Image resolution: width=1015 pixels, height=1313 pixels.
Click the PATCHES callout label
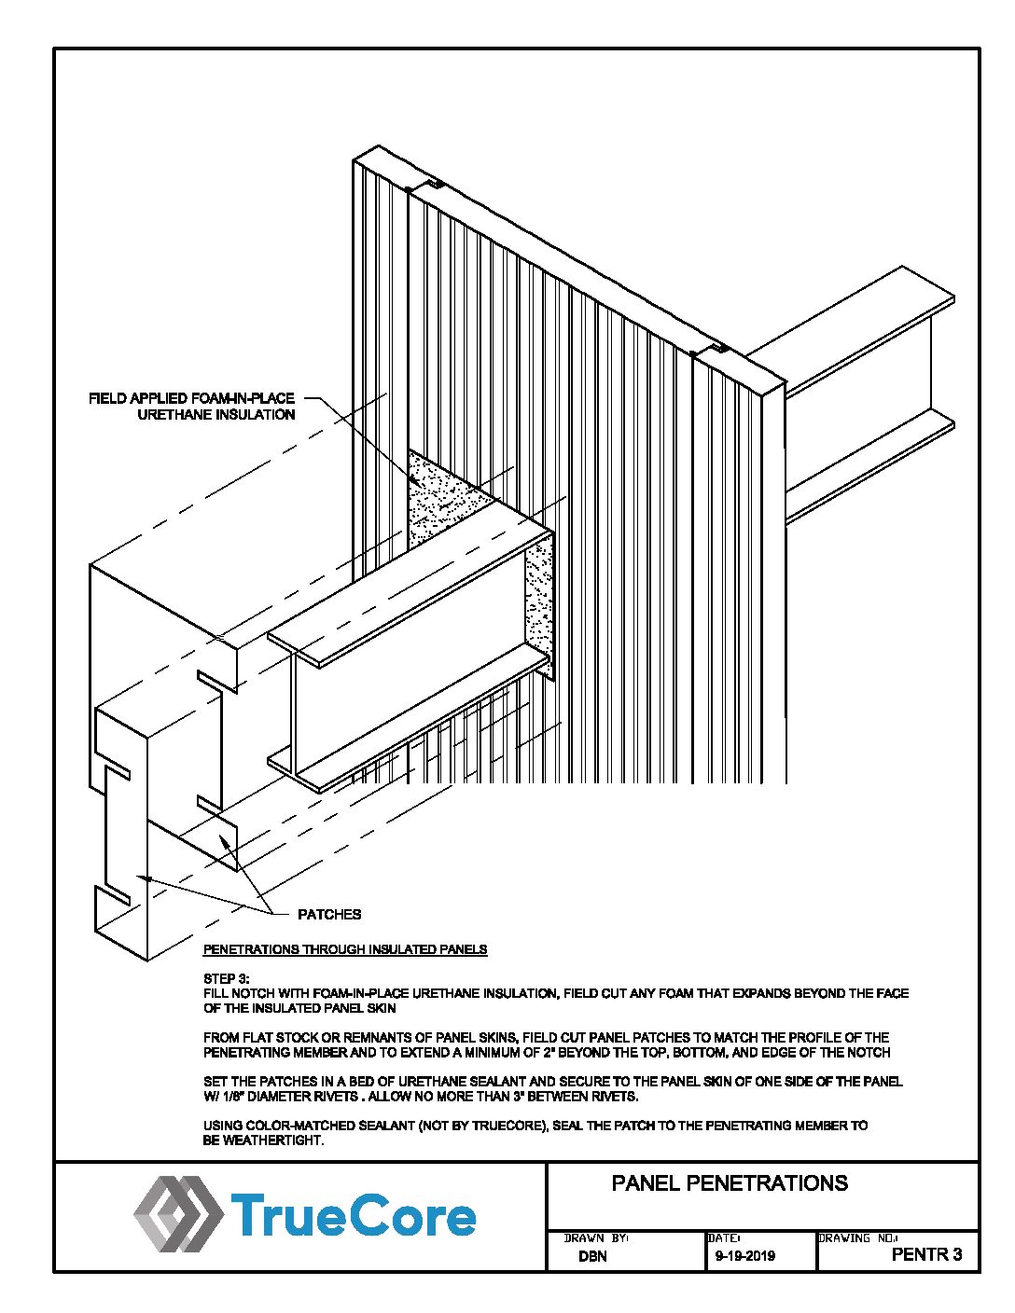(328, 914)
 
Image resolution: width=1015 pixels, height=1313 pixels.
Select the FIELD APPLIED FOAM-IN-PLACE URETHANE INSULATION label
(192, 406)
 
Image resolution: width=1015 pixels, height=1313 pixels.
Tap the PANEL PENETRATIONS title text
(730, 1183)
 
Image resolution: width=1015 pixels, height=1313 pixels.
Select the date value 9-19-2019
(744, 1256)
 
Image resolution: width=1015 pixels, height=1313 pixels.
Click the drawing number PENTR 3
(926, 1254)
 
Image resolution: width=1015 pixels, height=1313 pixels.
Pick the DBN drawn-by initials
(592, 1256)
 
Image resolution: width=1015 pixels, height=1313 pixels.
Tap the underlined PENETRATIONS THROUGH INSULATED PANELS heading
(345, 949)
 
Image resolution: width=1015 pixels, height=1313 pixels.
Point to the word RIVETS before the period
(334, 1097)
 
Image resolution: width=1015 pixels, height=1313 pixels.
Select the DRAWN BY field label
(596, 1238)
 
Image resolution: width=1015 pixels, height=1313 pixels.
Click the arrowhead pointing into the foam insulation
(413, 481)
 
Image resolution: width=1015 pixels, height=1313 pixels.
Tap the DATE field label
(724, 1238)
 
